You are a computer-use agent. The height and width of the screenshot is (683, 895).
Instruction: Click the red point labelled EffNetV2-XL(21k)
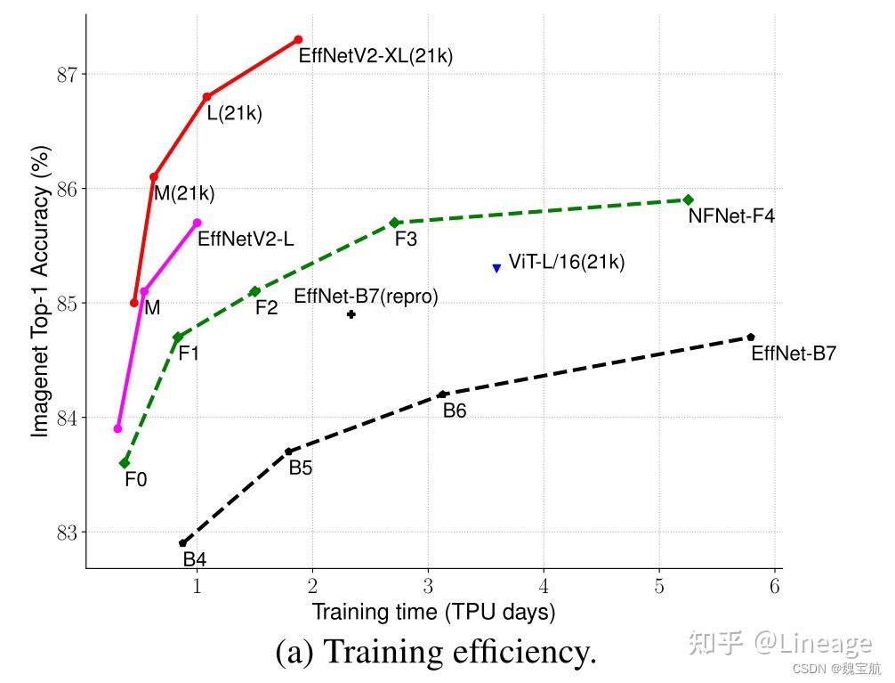[298, 39]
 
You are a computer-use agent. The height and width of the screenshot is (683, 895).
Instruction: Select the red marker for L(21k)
[206, 96]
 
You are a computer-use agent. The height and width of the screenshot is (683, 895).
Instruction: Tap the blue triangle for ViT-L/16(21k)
[496, 268]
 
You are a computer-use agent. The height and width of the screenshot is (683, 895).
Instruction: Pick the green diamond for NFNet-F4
[688, 199]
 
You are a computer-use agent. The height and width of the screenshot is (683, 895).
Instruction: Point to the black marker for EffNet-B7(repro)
[351, 314]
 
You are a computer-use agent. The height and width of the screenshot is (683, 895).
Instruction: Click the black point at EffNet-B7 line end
[751, 337]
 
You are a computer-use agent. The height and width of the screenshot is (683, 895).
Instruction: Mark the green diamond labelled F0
[125, 463]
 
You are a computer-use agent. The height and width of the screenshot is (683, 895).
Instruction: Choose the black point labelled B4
[183, 542]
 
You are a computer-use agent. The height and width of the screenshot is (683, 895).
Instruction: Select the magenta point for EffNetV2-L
[198, 223]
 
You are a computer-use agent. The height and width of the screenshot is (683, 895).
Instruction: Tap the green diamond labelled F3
[394, 222]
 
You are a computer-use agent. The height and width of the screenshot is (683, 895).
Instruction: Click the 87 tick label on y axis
[67, 74]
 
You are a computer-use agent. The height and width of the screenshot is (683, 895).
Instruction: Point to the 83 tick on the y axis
[67, 533]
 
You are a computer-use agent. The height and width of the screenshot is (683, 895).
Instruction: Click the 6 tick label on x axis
[775, 586]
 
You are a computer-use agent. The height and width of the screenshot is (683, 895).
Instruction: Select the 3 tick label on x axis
[428, 586]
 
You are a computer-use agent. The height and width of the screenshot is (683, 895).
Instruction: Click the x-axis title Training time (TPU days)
[432, 613]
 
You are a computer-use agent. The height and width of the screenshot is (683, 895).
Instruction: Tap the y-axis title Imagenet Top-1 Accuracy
[40, 290]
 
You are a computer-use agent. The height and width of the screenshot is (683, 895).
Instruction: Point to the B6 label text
[455, 411]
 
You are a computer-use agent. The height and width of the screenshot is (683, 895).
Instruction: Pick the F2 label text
[266, 308]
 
